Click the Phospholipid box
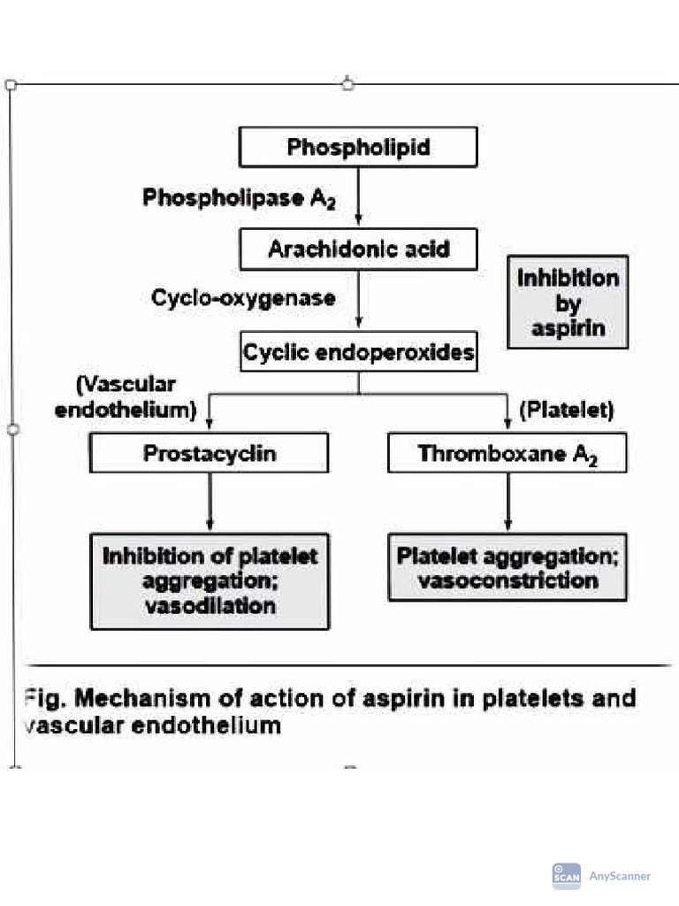coord(358,147)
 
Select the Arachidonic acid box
coord(358,250)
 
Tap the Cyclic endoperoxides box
coord(358,354)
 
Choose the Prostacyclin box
coord(210,453)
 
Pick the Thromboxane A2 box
coord(507,453)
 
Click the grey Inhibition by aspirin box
coord(568,302)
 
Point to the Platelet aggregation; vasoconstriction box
coord(507,567)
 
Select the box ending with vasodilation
coord(210,580)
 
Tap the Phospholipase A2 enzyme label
coord(238,198)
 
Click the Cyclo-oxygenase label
coord(243,298)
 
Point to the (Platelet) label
coord(566,411)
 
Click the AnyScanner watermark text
coord(620,876)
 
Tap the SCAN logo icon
coord(566,876)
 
